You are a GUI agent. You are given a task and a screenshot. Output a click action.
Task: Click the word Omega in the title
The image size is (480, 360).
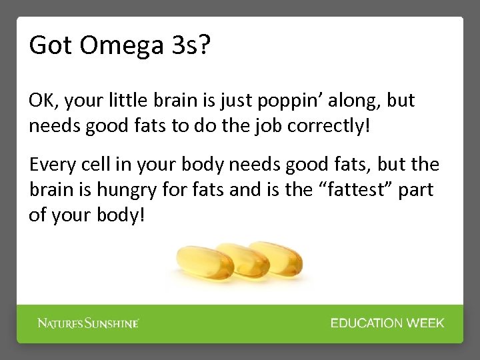click(x=111, y=45)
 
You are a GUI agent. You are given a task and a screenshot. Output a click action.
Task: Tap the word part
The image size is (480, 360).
click(x=417, y=190)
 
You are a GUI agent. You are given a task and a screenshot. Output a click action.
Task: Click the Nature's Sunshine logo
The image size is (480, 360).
click(x=87, y=323)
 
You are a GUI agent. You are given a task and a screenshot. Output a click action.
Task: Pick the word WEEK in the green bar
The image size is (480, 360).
click(x=426, y=323)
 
